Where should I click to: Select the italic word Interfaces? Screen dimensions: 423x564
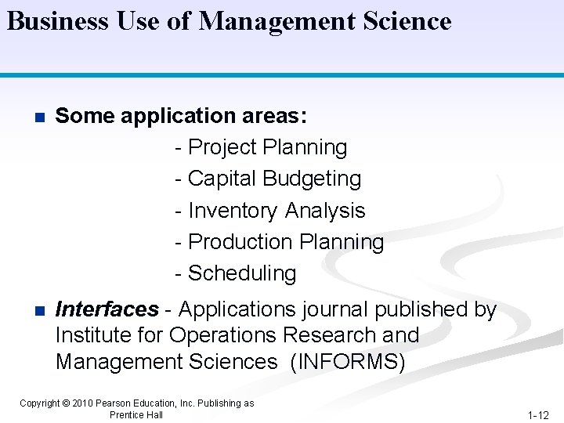coord(107,309)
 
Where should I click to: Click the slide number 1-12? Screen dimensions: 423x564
coord(537,414)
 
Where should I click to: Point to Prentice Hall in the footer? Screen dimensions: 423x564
coord(136,414)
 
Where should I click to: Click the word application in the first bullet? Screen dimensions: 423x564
coord(172,117)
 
